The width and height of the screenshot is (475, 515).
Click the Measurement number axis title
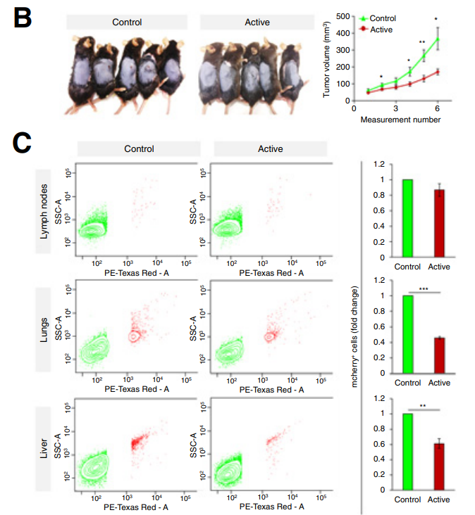coord(400,120)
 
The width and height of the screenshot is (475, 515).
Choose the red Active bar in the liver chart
coord(440,466)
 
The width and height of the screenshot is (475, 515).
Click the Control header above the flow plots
coord(139,148)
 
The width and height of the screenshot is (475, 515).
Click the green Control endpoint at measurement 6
coord(437,39)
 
